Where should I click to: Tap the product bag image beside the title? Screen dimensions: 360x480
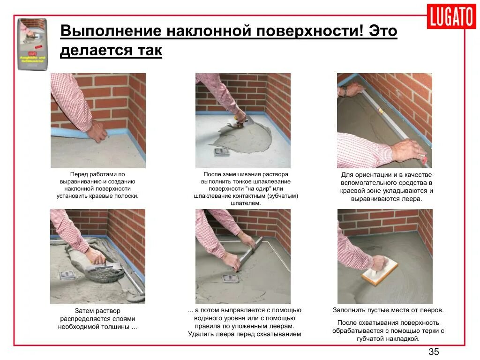(x=32, y=44)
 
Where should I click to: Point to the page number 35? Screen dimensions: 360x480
(x=434, y=352)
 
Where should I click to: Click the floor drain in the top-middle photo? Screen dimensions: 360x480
(x=221, y=152)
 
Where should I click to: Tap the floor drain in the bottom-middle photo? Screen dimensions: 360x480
(x=230, y=278)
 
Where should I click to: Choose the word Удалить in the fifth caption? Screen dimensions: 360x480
(x=200, y=334)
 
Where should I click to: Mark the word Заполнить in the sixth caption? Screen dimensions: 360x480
(x=349, y=310)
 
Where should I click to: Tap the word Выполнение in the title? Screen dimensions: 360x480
(x=107, y=32)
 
